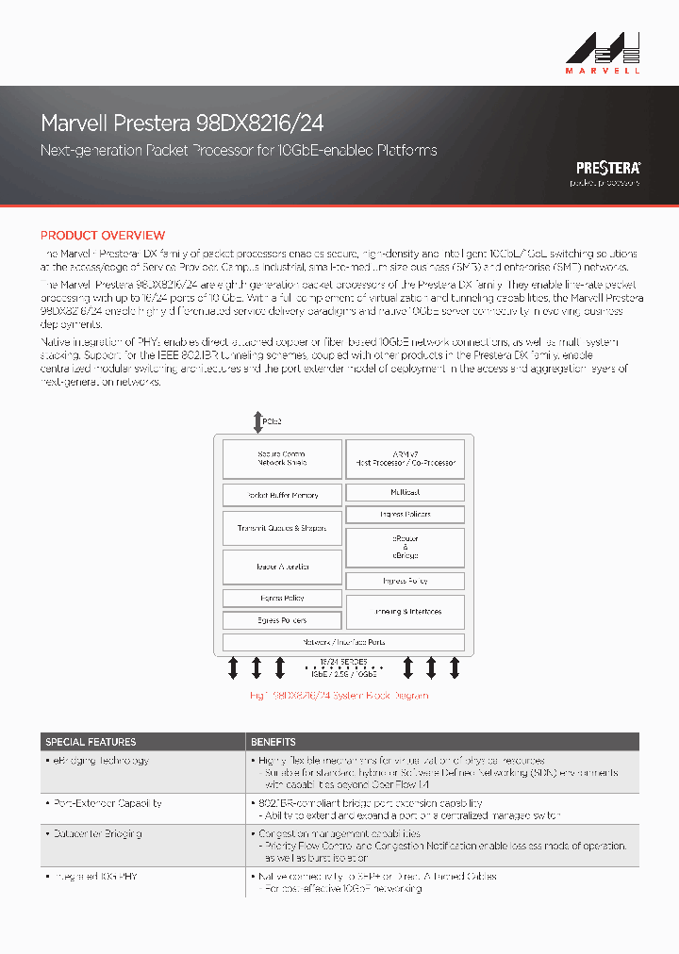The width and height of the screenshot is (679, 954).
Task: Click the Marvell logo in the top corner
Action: tap(604, 51)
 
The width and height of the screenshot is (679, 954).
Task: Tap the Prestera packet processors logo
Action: tap(608, 173)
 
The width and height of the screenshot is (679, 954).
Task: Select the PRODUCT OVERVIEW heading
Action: tap(102, 236)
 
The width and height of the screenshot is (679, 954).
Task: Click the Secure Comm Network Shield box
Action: tap(281, 459)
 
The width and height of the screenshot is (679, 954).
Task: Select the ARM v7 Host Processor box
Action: tap(405, 459)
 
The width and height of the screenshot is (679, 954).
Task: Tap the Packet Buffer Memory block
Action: tap(281, 494)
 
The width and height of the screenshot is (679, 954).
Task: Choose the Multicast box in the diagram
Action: tap(405, 492)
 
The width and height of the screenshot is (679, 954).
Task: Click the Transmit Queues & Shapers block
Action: tap(281, 529)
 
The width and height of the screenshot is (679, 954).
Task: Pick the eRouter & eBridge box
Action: tap(405, 547)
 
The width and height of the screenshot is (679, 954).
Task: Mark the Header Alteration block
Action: tap(281, 567)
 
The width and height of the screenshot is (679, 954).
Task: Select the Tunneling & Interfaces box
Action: tap(405, 611)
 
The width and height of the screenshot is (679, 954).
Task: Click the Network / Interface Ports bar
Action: tap(343, 642)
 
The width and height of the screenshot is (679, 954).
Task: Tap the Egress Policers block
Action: tap(281, 620)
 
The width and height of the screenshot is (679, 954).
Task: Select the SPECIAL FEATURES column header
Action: tap(91, 742)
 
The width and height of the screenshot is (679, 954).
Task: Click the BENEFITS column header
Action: tap(273, 742)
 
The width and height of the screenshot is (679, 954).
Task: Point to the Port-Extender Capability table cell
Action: tap(104, 803)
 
